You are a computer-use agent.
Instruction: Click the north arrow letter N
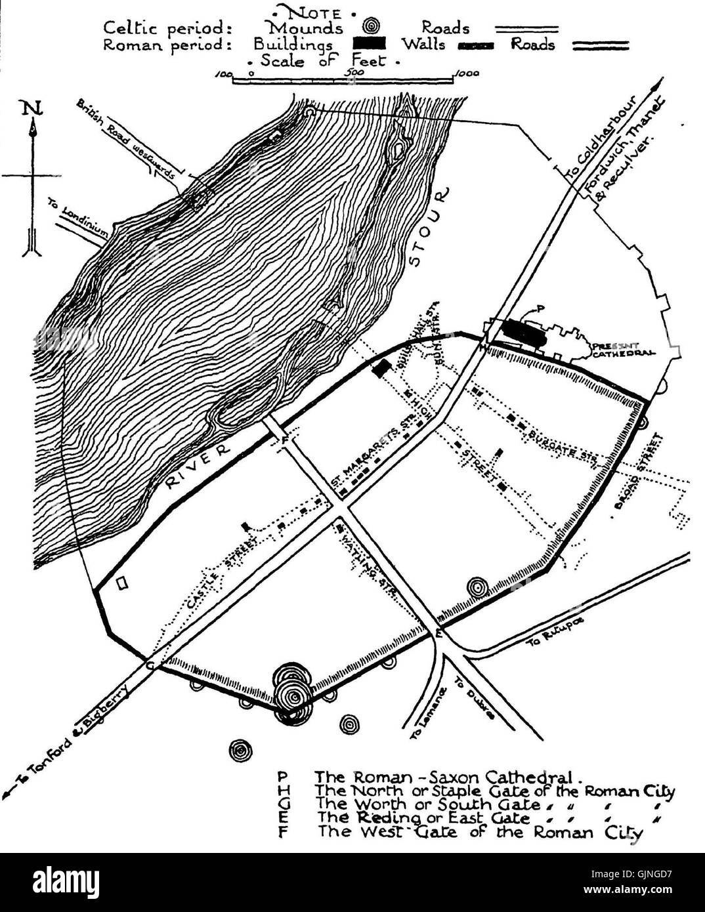30,108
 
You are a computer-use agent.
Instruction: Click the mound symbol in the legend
372,28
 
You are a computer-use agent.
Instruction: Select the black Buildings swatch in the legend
370,45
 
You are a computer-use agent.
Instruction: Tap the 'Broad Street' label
636,470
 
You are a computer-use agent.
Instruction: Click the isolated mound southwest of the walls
241,751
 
